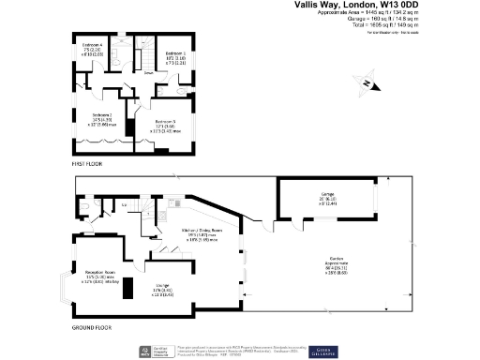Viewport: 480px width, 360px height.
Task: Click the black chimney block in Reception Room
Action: pos(131,286)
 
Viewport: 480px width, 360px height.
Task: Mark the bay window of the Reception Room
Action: pos(65,291)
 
